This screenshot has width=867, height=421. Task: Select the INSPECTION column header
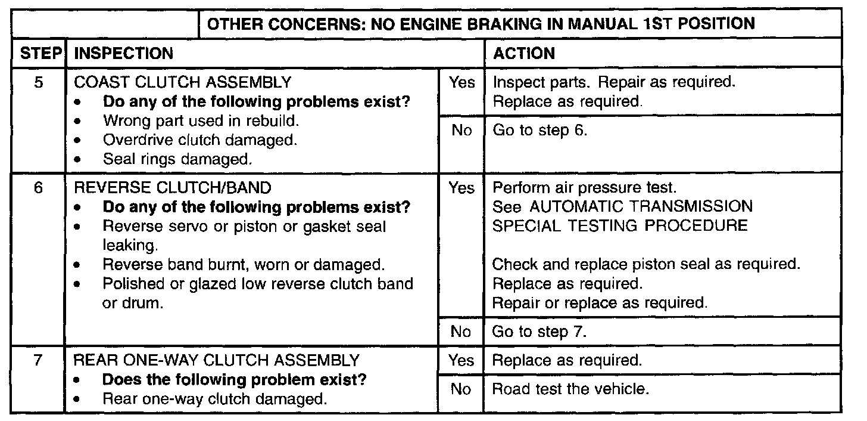(123, 54)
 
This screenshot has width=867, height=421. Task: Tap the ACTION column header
(524, 54)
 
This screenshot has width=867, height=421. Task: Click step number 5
(39, 82)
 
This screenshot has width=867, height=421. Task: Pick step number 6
(39, 188)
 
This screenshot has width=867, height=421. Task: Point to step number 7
(39, 361)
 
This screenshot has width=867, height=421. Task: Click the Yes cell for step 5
(461, 82)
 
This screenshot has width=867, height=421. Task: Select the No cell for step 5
(461, 131)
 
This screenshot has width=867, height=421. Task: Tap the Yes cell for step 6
(461, 188)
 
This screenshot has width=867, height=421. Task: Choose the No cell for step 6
(461, 332)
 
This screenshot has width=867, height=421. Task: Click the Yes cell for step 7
(461, 361)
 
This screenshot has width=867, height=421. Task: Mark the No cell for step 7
(461, 389)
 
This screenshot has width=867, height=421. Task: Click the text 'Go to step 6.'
(540, 131)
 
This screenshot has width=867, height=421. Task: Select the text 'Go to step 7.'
(540, 332)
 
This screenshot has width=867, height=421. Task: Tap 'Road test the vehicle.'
(570, 389)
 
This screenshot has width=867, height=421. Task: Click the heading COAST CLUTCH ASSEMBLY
(183, 82)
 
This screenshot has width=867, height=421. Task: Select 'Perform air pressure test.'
(585, 188)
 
